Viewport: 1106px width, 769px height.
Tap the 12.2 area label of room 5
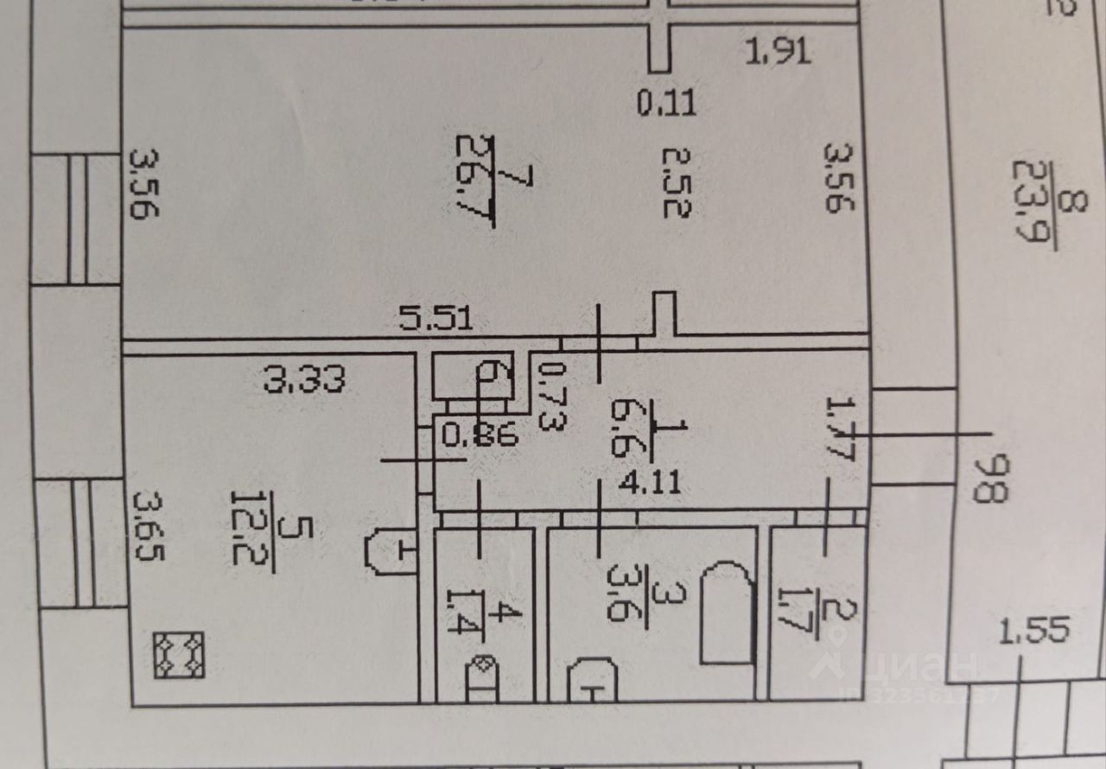click(245, 527)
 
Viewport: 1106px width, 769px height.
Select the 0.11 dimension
click(666, 105)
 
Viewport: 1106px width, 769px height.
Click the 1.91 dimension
click(778, 53)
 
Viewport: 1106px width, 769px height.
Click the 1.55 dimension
click(1034, 630)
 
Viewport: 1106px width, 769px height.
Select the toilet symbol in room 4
click(482, 678)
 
